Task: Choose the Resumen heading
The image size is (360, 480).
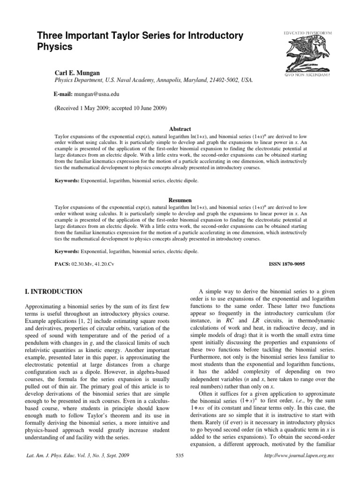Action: point(180,200)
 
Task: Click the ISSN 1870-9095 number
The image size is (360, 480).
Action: point(286,264)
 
